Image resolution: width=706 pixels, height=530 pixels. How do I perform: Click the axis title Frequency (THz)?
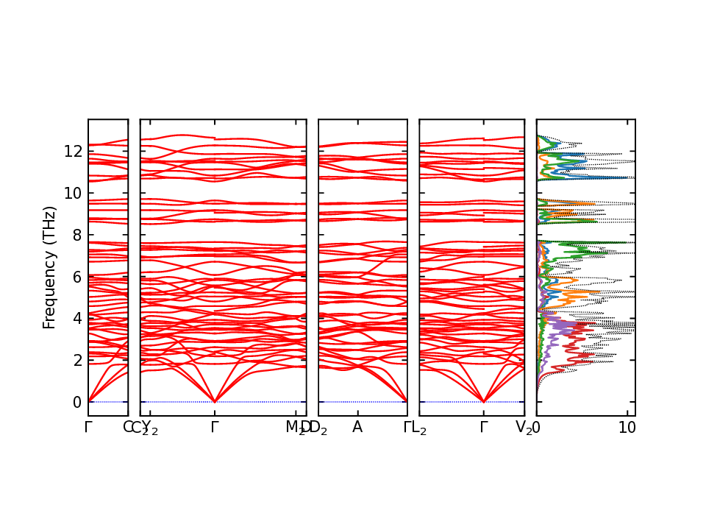tap(49, 267)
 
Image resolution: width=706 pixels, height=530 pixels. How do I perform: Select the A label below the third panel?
tap(357, 427)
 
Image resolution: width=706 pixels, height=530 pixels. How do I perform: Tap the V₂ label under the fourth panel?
tap(524, 428)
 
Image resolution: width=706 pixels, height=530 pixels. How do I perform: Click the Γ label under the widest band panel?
tap(215, 427)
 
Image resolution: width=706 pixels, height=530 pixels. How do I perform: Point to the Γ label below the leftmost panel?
tap(88, 427)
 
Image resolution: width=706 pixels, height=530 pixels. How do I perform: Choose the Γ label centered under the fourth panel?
tap(484, 427)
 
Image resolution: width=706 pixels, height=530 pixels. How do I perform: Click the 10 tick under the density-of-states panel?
tap(627, 427)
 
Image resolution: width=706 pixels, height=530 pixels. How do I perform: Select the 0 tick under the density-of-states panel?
tap(537, 427)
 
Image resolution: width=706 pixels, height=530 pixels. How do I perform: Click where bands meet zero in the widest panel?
tap(215, 401)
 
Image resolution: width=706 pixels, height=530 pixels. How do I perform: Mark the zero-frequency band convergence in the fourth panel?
tap(484, 401)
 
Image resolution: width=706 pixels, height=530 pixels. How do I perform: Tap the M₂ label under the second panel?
tap(296, 428)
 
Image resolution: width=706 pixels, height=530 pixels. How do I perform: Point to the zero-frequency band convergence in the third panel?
tap(407, 401)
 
